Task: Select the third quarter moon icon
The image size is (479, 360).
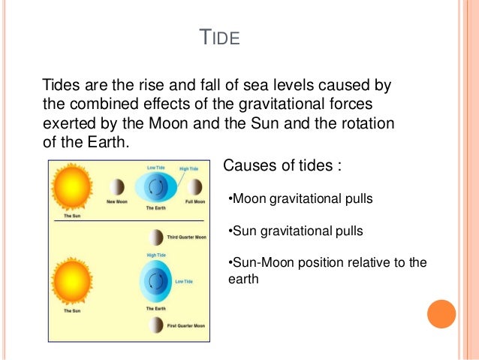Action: tap(155, 237)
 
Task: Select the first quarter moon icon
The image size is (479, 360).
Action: tap(155, 325)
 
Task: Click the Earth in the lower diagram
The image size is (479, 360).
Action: tap(155, 283)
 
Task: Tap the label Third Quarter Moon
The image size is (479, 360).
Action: tap(186, 237)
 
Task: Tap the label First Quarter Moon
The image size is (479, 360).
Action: tap(186, 326)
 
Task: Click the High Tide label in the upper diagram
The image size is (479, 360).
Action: tap(188, 168)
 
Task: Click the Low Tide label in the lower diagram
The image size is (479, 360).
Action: tap(184, 281)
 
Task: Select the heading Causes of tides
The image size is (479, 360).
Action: tap(282, 165)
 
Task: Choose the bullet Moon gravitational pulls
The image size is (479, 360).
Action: tap(300, 199)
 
